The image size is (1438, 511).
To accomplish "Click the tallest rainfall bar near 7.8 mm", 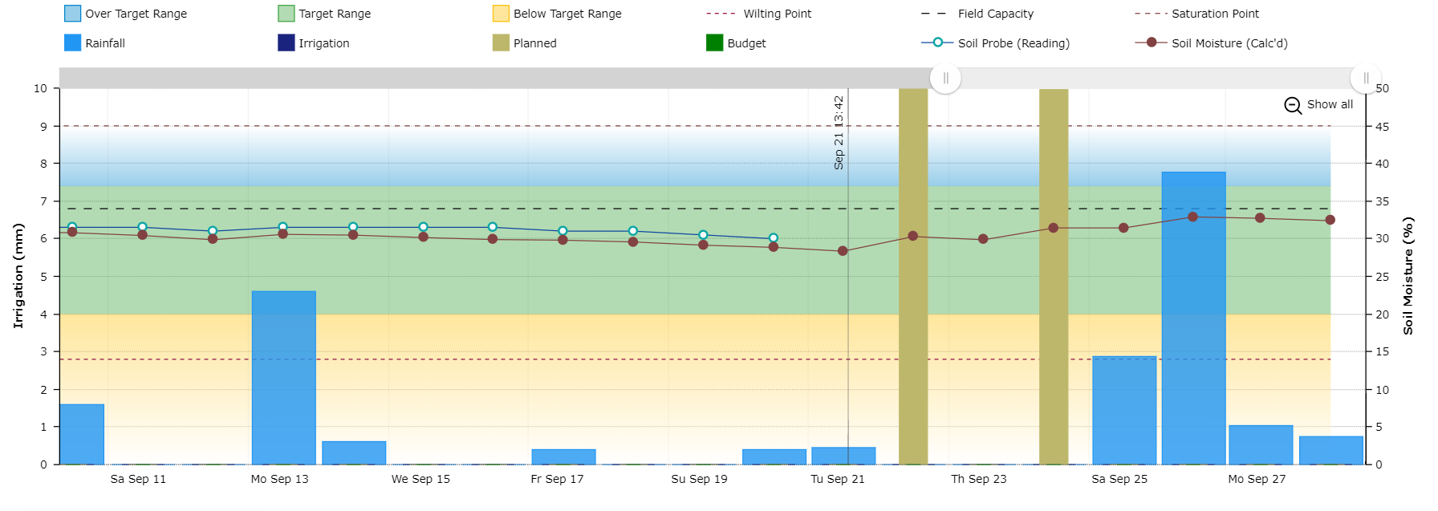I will click(x=1193, y=321).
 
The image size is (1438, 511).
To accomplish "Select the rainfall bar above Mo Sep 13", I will click(x=283, y=377).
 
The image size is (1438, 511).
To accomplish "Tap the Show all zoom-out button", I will click(x=1319, y=105).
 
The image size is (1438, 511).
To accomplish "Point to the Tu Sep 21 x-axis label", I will click(x=837, y=479).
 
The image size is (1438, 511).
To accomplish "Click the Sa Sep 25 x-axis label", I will click(x=1119, y=479).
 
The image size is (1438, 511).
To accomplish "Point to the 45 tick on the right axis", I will click(x=1382, y=127).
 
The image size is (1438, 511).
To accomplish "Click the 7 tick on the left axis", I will click(x=43, y=201).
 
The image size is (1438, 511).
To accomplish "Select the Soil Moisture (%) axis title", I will click(x=1408, y=275).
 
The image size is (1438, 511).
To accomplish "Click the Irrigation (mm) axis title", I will click(x=18, y=275).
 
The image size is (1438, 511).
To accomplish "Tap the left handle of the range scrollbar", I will click(x=945, y=79).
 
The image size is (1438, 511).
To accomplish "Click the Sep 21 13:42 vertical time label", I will click(x=839, y=132).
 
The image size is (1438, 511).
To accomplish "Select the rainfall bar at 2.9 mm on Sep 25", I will click(x=1123, y=409).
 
